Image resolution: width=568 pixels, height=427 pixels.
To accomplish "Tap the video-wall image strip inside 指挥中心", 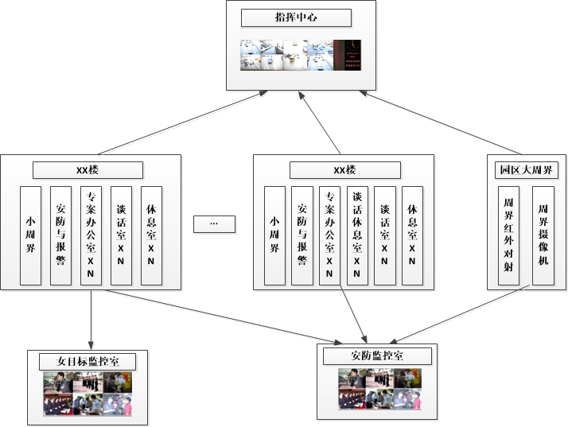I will (301, 55).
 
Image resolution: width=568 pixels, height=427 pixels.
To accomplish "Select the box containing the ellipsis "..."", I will (214, 223).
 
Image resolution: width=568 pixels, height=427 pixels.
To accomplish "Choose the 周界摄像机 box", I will (543, 235).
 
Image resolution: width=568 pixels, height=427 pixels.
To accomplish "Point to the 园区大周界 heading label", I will (525, 170).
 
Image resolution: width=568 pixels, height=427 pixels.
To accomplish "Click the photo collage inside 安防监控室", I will (379, 389).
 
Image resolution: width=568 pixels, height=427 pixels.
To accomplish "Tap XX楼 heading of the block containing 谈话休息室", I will (344, 170).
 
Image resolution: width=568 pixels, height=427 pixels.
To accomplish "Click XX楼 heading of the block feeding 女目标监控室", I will (88, 170).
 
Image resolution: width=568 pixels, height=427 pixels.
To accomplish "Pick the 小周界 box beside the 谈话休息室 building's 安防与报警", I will (274, 235).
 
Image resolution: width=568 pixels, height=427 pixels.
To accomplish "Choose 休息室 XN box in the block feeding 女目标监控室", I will (151, 235).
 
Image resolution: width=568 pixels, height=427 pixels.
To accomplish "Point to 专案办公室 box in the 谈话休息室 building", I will (329, 235).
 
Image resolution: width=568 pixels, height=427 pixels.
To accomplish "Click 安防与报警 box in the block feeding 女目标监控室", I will (60, 235).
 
